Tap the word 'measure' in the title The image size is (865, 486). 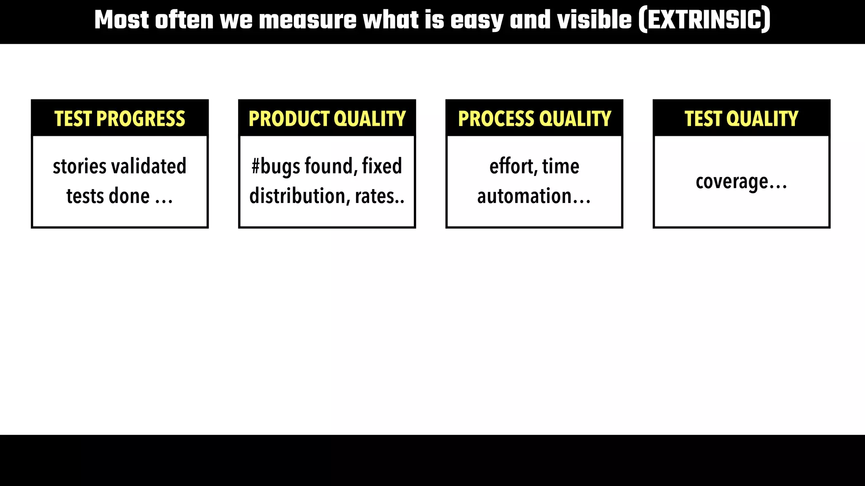[307, 20]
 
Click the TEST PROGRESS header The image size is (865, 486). [120, 119]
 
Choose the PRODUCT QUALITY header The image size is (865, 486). [327, 119]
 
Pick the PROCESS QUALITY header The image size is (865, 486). [534, 119]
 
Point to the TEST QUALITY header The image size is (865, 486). [741, 119]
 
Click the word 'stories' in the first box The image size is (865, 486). [79, 166]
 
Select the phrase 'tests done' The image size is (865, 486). [108, 196]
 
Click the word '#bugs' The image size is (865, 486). [269, 166]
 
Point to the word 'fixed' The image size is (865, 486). [382, 166]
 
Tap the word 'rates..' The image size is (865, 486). [379, 196]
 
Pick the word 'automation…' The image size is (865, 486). [534, 196]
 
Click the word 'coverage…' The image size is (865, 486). [741, 182]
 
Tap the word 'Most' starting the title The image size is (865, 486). [122, 20]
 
